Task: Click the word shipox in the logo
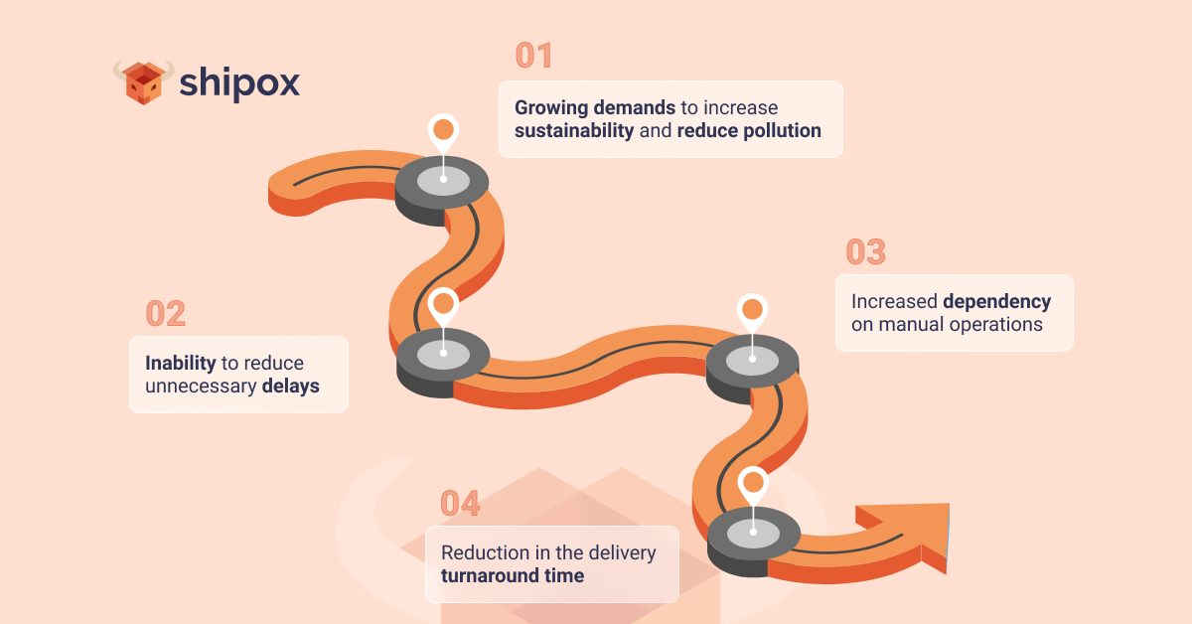(239, 83)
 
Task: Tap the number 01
(533, 55)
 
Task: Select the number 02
(166, 314)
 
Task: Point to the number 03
(865, 252)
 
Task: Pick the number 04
(460, 503)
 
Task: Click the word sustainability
(573, 131)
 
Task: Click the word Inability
(180, 363)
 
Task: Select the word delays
(290, 387)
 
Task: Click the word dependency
(996, 301)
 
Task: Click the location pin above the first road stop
(443, 131)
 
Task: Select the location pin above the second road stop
(443, 303)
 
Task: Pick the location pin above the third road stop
(753, 310)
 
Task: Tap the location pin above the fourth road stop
(754, 484)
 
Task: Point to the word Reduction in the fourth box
(485, 552)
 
